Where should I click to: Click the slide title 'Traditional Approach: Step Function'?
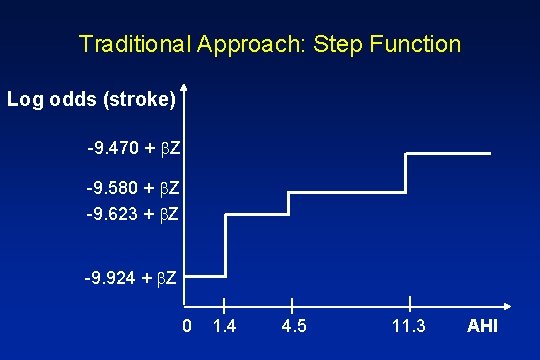pos(270,44)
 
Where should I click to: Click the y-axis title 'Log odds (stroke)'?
pos(91,100)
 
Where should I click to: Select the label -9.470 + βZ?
pos(133,149)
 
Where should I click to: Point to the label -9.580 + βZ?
pos(133,188)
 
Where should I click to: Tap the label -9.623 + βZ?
pos(133,212)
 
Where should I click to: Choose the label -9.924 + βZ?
pos(133,276)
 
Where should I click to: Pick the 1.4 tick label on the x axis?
pos(226,327)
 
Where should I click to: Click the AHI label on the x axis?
pos(482,327)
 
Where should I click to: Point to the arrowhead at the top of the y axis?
pos(187,89)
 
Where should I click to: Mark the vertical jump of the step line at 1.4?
pos(226,245)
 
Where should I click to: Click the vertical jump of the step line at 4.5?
pos(289,203)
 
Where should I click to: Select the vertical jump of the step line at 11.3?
pos(406,173)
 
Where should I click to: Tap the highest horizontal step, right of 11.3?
pos(448,153)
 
